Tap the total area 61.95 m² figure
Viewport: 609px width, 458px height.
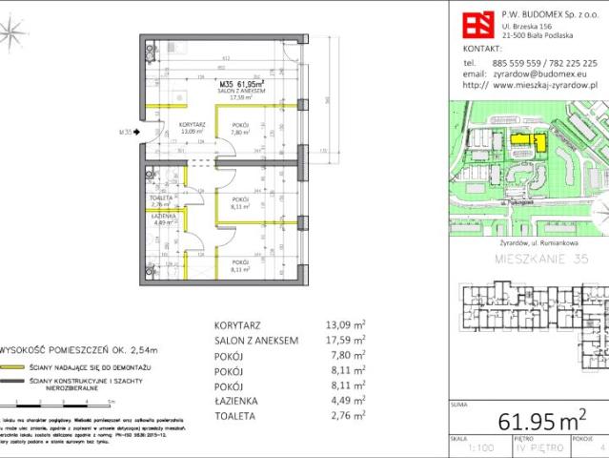[x=538, y=421]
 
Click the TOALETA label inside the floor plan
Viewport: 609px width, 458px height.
[x=160, y=198]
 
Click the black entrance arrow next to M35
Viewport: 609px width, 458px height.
[x=139, y=133]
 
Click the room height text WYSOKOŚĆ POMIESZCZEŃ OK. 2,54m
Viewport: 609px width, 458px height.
[x=62, y=350]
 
